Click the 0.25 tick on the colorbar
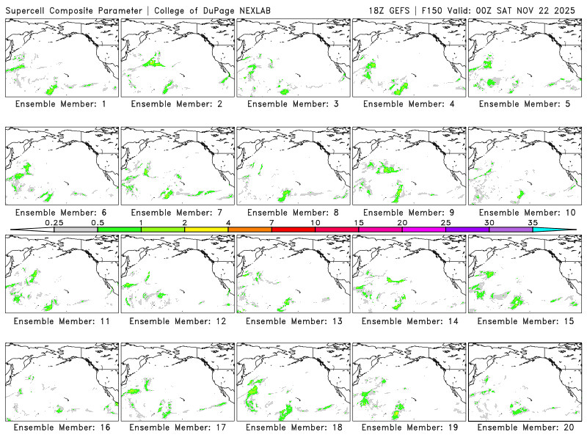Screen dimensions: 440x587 (x=54, y=222)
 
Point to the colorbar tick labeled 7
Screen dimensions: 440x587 (x=271, y=222)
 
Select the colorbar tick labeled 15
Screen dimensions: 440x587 (x=358, y=222)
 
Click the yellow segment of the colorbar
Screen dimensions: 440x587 (x=206, y=230)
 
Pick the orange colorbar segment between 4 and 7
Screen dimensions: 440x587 (x=249, y=230)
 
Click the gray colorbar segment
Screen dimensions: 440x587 (x=76, y=230)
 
